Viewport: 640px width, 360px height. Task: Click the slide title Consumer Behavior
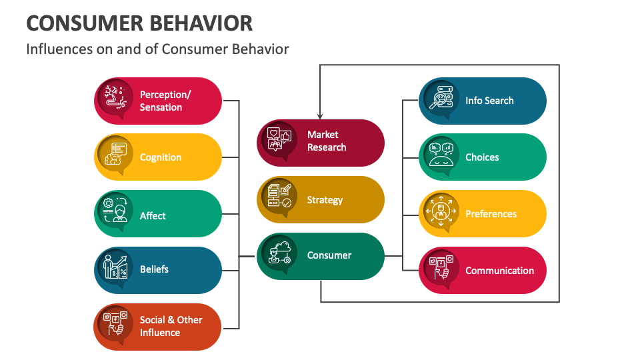coord(139,23)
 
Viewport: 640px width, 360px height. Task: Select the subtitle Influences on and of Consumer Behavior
coord(157,49)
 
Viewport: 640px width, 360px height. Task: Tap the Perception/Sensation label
coord(165,101)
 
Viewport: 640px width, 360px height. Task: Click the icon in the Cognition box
coord(115,154)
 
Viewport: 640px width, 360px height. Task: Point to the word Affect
coord(153,216)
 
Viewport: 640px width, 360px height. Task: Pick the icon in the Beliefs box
coord(115,267)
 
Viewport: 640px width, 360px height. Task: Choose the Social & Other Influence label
coord(171,326)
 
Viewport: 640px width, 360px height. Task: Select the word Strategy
coord(325,200)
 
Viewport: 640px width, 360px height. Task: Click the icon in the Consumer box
coord(279,253)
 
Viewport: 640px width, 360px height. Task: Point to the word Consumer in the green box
coord(329,255)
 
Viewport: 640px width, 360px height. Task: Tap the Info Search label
coord(489,101)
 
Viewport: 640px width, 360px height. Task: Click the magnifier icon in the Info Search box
coord(441,98)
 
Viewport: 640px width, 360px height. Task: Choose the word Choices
coord(482,157)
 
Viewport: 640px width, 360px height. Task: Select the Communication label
coord(499,271)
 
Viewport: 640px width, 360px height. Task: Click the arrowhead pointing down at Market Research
coord(320,115)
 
